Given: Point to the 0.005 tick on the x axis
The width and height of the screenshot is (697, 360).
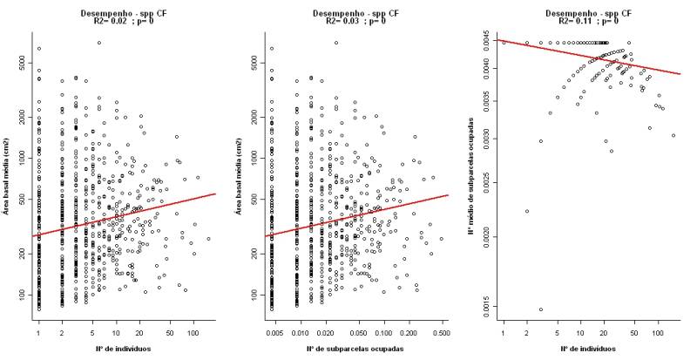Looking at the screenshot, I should coord(272,332).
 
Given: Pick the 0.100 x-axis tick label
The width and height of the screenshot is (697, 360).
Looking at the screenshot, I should coord(382,332).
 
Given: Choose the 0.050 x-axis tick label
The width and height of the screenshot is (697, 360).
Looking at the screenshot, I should coord(358,332).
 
